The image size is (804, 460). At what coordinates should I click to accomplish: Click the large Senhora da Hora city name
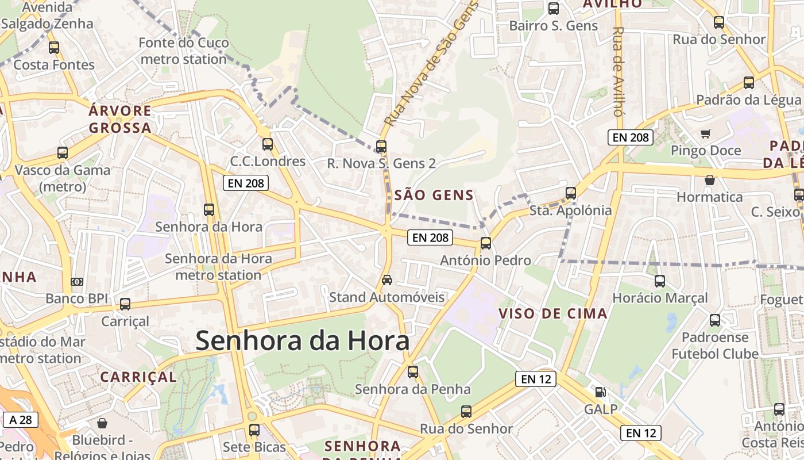pyautogui.click(x=303, y=340)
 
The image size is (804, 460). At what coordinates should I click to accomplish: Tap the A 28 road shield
pyautogui.click(x=20, y=420)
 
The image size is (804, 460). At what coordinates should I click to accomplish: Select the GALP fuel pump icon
pyautogui.click(x=600, y=392)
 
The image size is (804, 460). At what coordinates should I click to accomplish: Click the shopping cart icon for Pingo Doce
pyautogui.click(x=705, y=133)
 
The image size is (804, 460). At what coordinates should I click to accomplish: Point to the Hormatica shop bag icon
pyautogui.click(x=710, y=180)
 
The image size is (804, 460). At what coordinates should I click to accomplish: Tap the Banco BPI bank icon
pyautogui.click(x=76, y=281)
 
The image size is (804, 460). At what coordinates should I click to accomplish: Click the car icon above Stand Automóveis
pyautogui.click(x=387, y=280)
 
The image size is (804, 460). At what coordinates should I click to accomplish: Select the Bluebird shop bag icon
pyautogui.click(x=102, y=424)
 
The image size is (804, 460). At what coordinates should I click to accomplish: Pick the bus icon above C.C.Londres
pyautogui.click(x=267, y=144)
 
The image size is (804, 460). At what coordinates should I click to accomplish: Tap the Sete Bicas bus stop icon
pyautogui.click(x=254, y=430)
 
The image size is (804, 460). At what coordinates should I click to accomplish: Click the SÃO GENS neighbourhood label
pyautogui.click(x=434, y=195)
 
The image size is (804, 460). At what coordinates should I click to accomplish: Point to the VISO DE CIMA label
pyautogui.click(x=553, y=313)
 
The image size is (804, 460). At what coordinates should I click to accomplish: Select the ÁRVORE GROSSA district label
pyautogui.click(x=120, y=119)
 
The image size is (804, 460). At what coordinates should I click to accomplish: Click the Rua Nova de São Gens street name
pyautogui.click(x=431, y=63)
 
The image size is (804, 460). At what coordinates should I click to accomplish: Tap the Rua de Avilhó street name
pyautogui.click(x=618, y=71)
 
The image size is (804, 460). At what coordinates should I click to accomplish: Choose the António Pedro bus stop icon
pyautogui.click(x=486, y=243)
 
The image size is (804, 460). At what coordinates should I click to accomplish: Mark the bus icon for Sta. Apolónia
pyautogui.click(x=571, y=193)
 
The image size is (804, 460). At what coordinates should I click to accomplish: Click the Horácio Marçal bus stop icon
pyautogui.click(x=660, y=281)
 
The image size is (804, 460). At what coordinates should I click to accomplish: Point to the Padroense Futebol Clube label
pyautogui.click(x=715, y=346)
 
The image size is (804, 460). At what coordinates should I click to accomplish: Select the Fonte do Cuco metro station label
pyautogui.click(x=184, y=51)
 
